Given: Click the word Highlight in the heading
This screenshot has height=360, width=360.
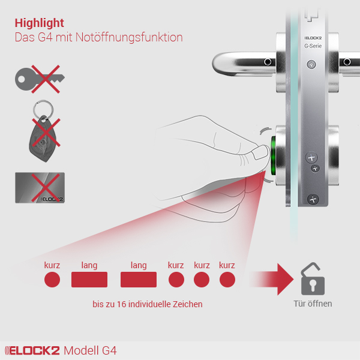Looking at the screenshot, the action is [39, 23].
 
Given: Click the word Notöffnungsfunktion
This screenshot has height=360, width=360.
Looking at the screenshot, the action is [129, 37].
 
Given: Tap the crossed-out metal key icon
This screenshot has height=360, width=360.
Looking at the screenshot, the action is [40, 79].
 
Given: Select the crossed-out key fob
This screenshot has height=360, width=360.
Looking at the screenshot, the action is [44, 131].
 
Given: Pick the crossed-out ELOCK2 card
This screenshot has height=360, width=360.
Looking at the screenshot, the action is [40, 188].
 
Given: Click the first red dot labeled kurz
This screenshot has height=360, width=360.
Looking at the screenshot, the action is [52, 280].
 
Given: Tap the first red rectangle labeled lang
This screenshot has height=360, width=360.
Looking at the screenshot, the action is [89, 280].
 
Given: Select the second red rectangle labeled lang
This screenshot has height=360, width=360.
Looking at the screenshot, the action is [139, 280].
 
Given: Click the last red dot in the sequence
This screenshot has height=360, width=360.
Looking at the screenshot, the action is [227, 280].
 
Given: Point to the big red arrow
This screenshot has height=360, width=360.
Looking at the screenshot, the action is [273, 279].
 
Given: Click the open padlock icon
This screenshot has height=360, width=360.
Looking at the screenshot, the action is [313, 279].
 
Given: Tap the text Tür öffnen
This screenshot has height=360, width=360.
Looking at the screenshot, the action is [313, 304].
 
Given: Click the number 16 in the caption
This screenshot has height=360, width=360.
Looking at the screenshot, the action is [121, 304].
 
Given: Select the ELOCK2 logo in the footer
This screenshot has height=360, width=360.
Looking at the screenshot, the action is [32, 350].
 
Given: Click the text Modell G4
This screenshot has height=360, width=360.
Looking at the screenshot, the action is [90, 350].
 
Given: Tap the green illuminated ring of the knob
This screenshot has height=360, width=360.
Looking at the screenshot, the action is [273, 155].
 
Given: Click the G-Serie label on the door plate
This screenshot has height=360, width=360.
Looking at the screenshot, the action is [313, 46].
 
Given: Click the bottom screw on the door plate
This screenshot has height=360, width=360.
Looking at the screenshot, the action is [313, 199].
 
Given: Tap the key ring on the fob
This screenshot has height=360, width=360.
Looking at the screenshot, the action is [43, 110].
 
